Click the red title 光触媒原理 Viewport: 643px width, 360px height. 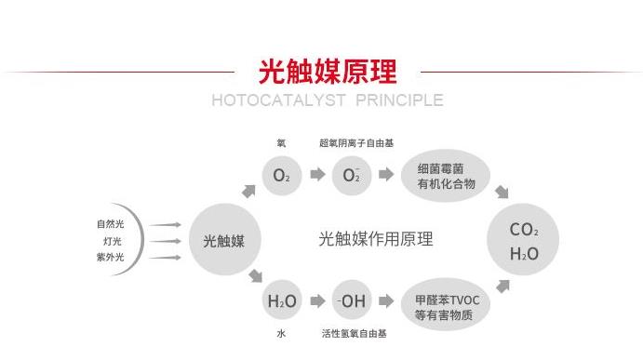pyautogui.click(x=328, y=71)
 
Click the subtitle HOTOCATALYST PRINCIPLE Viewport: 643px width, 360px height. pyautogui.click(x=328, y=100)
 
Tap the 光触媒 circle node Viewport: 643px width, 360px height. pyautogui.click(x=224, y=240)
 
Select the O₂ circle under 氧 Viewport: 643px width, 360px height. pyautogui.click(x=282, y=175)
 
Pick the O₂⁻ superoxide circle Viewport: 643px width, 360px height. pyautogui.click(x=351, y=175)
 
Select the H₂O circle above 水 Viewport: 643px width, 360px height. pyautogui.click(x=282, y=301)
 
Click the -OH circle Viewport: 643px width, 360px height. pyautogui.click(x=352, y=301)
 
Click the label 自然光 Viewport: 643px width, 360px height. pyautogui.click(x=109, y=223)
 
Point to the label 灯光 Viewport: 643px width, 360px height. pyautogui.click(x=112, y=240)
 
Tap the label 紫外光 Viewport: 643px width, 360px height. pyautogui.click(x=109, y=257)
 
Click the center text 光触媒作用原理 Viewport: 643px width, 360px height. pyautogui.click(x=376, y=239)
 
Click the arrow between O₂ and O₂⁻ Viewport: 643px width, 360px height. pyautogui.click(x=317, y=175)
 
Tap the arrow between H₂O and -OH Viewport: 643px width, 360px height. pyautogui.click(x=317, y=301)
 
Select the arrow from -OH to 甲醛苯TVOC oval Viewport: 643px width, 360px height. pyautogui.click(x=385, y=301)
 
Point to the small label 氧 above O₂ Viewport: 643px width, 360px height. pyautogui.click(x=281, y=143)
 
